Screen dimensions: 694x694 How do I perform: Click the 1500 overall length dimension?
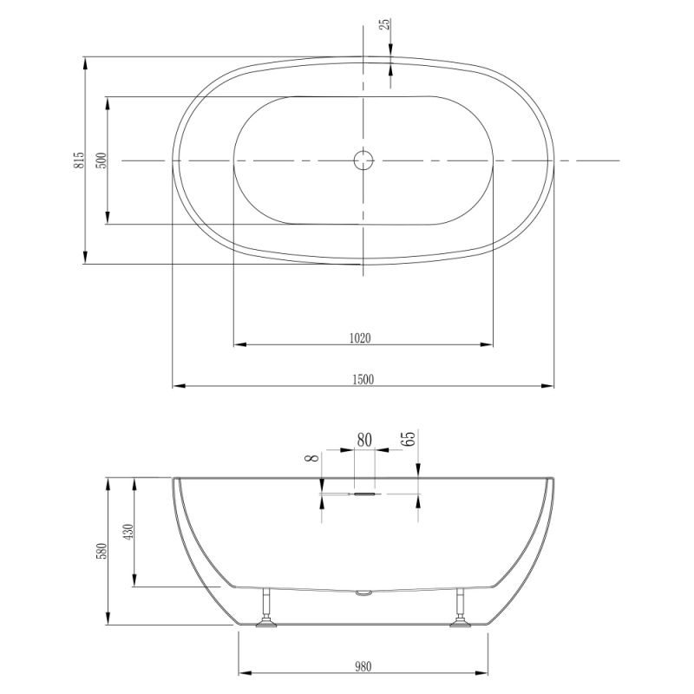[x=363, y=379]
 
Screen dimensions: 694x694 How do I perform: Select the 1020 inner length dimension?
[x=360, y=338]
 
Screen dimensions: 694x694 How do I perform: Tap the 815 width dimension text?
[x=79, y=160]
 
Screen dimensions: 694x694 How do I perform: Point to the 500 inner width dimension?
[x=101, y=160]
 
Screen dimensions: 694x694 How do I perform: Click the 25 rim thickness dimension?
[x=385, y=24]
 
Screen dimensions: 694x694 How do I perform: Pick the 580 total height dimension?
[x=101, y=551]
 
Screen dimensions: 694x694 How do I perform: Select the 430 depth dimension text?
[x=128, y=532]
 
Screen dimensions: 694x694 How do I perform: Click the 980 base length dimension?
[x=363, y=666]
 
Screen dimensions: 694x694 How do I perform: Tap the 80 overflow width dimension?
[x=364, y=440]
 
